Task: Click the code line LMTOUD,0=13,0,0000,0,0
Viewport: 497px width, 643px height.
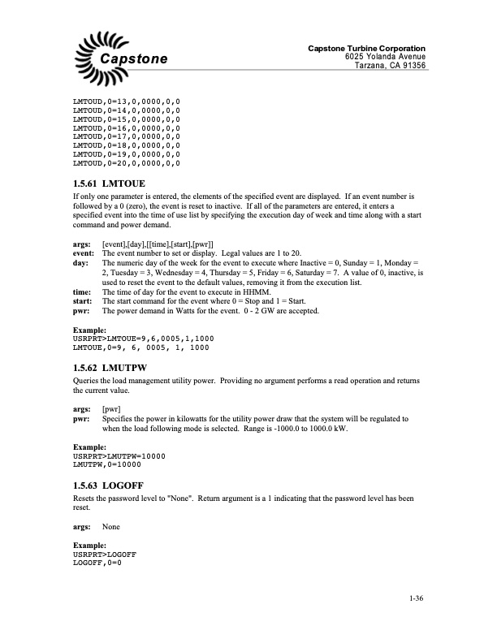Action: pos(127,103)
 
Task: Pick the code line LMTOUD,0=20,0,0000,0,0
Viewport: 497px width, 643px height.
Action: pos(127,163)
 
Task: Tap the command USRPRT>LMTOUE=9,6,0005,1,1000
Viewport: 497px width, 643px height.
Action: pos(144,340)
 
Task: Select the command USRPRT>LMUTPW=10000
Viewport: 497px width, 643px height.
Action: pos(119,455)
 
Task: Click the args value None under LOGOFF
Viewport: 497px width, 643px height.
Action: pos(111,527)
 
